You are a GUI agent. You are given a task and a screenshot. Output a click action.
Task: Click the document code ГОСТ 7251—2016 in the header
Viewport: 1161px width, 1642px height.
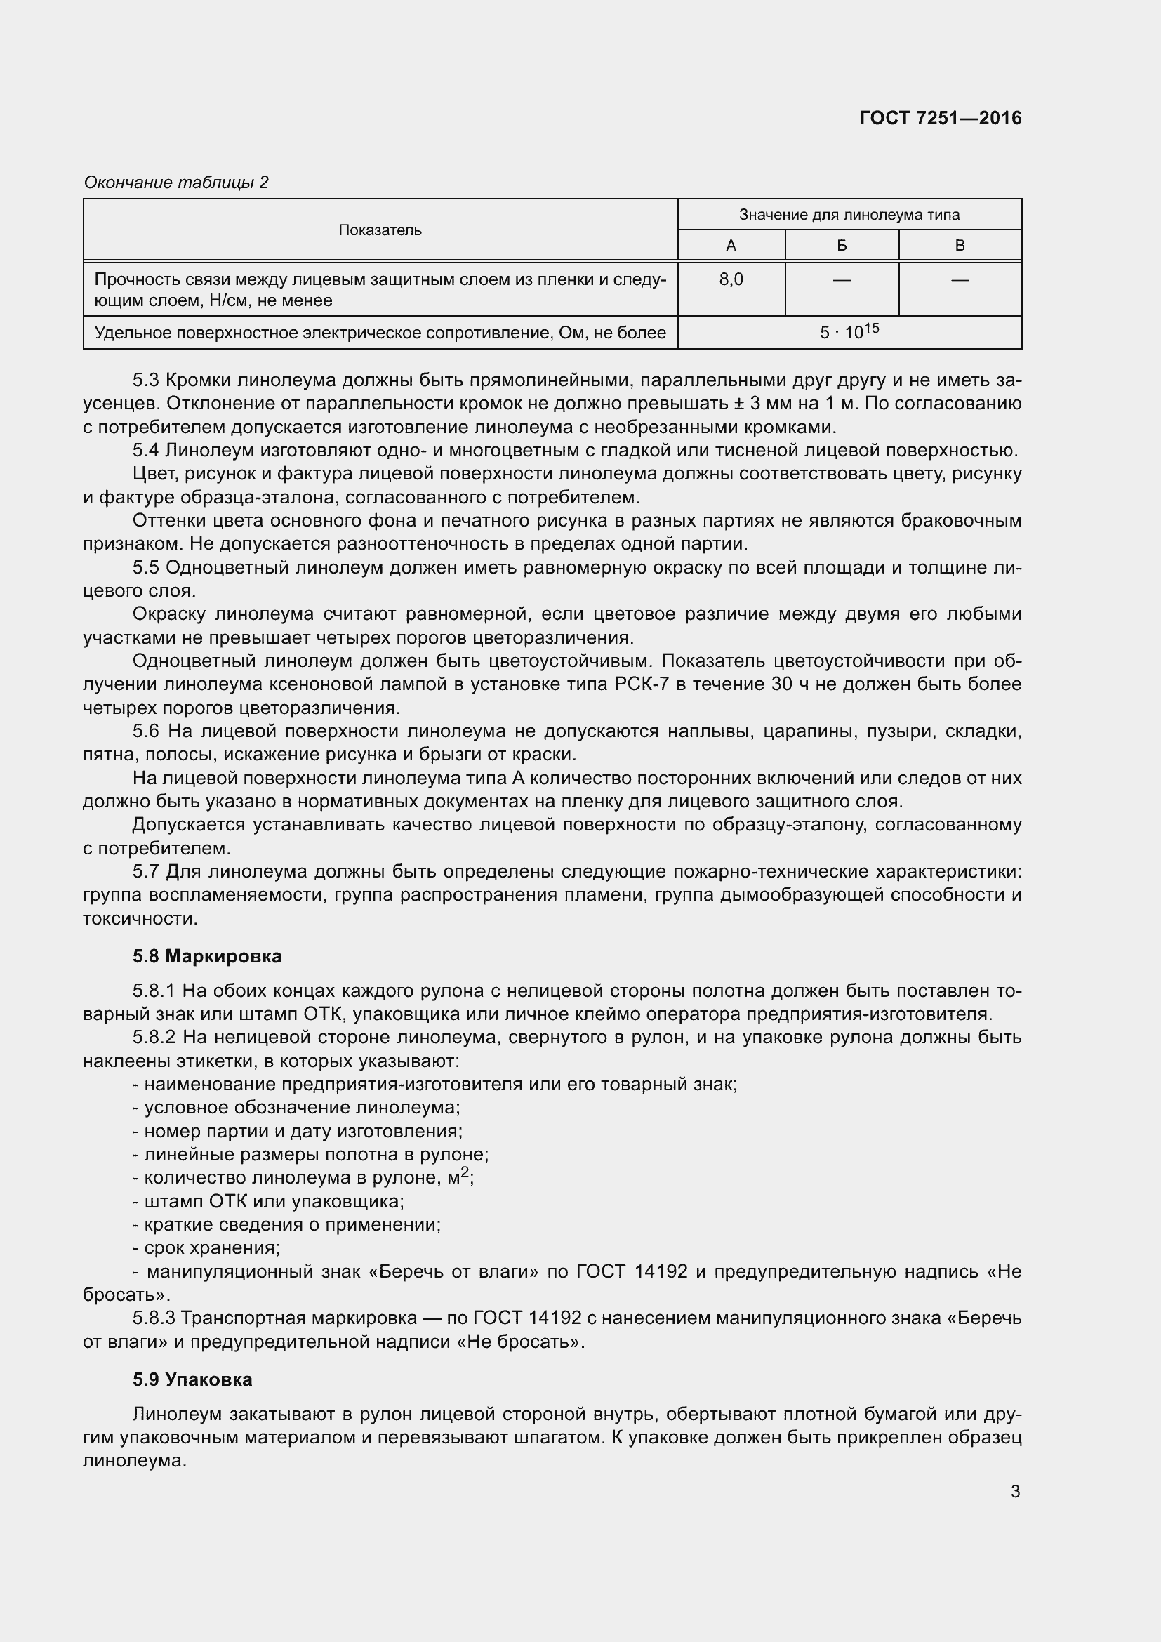coord(940,118)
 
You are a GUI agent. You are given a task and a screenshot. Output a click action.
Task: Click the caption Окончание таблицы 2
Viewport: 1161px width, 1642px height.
coord(176,183)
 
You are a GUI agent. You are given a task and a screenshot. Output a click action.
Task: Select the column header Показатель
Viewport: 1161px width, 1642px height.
coord(380,230)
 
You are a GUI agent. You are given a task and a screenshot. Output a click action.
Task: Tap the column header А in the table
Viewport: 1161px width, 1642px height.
coord(731,246)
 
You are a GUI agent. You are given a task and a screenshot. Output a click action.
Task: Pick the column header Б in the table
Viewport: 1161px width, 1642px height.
coord(842,246)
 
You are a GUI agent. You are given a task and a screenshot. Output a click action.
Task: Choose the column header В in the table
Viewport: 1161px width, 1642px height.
coord(960,246)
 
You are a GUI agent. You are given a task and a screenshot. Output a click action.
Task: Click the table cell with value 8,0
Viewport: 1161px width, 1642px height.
coord(731,279)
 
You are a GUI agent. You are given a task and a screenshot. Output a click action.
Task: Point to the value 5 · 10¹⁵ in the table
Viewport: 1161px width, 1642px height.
coord(849,333)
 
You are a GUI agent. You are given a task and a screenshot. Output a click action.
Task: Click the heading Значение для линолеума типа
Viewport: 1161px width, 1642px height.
coord(849,215)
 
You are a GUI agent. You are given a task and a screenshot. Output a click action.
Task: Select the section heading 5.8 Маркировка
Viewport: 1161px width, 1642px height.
coord(206,956)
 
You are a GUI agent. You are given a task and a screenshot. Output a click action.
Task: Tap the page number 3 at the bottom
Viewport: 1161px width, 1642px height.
coord(1014,1491)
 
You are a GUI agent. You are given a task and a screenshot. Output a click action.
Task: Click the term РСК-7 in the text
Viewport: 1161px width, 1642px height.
coord(641,684)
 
